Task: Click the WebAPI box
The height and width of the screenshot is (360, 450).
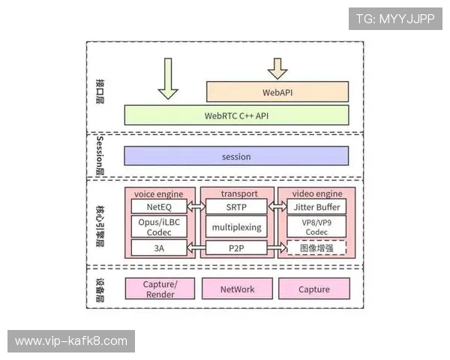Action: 277,92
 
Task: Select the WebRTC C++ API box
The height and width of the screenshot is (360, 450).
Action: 236,115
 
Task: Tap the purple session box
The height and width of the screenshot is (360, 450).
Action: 236,156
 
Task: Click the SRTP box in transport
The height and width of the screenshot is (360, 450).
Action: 236,206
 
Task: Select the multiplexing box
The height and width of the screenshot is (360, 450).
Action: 236,226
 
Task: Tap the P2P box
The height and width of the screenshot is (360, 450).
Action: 236,247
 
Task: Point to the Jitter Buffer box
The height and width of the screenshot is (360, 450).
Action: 317,206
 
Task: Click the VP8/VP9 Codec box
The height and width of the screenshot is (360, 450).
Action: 317,226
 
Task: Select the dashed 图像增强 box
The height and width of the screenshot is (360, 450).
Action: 317,247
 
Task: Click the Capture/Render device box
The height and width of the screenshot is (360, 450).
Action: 159,289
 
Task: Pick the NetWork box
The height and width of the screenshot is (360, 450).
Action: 237,289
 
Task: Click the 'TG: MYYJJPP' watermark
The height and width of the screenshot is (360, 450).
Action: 394,18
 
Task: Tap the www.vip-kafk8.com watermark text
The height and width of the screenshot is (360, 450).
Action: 71,341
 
